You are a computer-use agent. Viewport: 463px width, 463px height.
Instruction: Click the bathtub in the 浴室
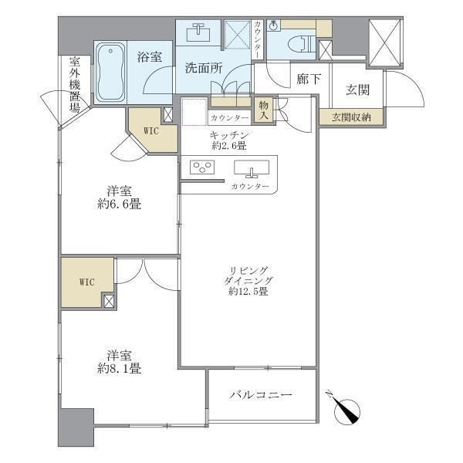point(110,72)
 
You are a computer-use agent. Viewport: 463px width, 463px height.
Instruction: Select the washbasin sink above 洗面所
point(198,32)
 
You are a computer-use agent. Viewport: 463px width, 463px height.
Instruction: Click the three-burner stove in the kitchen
point(202,167)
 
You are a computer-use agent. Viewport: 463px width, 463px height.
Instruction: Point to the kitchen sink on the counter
point(252,168)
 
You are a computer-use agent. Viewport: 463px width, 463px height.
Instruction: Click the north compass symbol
point(346,408)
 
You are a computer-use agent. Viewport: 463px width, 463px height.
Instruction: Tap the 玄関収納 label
point(351,117)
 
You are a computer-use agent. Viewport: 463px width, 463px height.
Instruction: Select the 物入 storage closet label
point(264,110)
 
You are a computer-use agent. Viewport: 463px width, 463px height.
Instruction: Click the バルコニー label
point(261,395)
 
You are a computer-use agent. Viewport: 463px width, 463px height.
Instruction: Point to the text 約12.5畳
point(248,292)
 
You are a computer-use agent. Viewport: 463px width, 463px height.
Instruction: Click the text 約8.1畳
point(119,369)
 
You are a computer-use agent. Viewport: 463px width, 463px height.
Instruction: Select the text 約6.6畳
point(119,204)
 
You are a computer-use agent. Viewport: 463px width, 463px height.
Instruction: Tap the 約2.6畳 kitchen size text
point(229,146)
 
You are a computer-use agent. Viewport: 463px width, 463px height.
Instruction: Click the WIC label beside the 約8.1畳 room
point(86,282)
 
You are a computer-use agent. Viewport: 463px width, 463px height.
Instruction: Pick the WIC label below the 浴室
point(151,131)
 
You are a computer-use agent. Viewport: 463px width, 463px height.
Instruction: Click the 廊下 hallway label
point(309,79)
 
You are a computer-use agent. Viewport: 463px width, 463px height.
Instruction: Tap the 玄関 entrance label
point(357,90)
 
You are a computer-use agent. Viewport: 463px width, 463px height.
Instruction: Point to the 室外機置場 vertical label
point(75,85)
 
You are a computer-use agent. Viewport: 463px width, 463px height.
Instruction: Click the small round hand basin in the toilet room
point(273,26)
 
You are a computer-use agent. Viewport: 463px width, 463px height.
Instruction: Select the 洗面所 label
point(204,69)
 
